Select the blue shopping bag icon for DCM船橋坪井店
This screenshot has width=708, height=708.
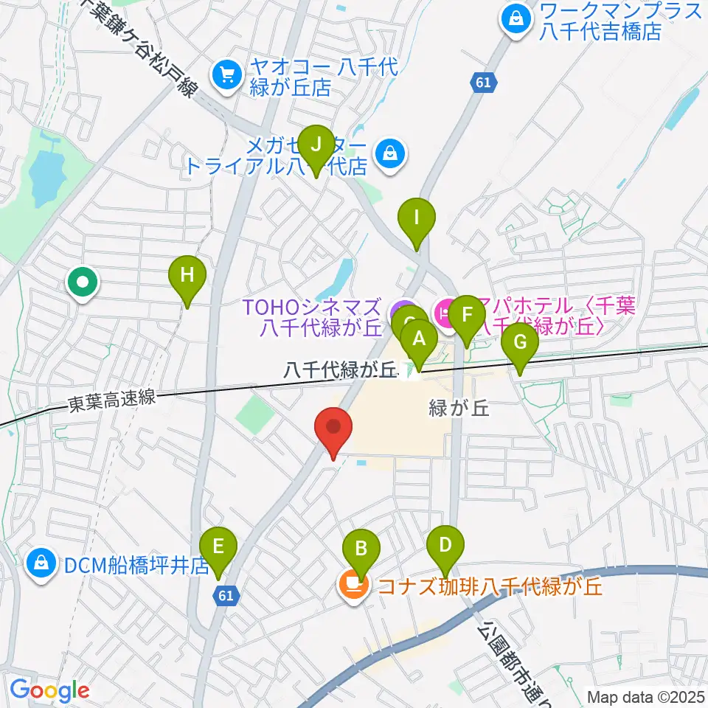tap(42, 565)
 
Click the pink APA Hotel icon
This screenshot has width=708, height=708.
tap(445, 313)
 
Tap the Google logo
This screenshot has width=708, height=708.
tap(49, 690)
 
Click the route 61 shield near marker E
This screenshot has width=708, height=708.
tap(227, 593)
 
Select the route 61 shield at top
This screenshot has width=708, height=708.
tap(482, 83)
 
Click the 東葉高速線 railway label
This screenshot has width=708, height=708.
tap(112, 400)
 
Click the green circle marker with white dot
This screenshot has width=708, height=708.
tap(82, 282)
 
